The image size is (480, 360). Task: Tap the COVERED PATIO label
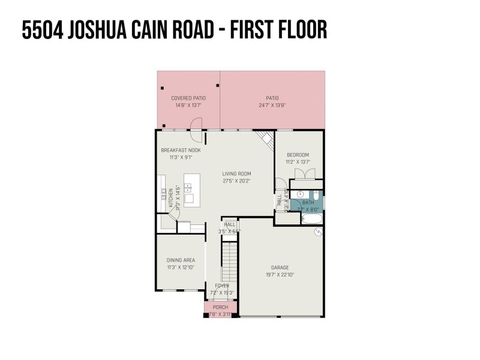[188, 98]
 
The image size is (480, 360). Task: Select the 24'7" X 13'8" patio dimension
[272, 105]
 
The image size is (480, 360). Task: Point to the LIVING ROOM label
[236, 173]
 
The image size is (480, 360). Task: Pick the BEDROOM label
[299, 154]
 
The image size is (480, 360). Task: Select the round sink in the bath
[301, 194]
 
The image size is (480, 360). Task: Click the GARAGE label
[280, 268]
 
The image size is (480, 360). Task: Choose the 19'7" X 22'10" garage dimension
[280, 275]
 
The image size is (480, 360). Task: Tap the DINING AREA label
[181, 260]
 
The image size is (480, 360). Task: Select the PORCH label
[221, 307]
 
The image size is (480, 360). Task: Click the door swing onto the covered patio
[196, 124]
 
